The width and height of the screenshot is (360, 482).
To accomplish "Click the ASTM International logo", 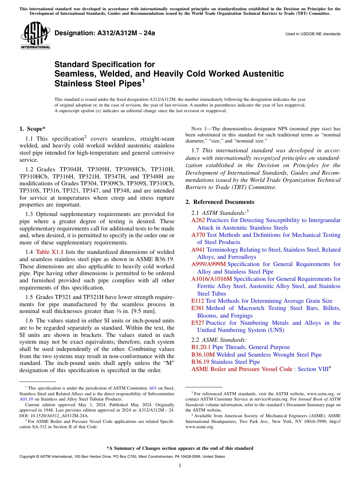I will pyautogui.click(x=36, y=36).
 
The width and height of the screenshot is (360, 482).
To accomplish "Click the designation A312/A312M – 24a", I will pyautogui.click(x=105, y=33).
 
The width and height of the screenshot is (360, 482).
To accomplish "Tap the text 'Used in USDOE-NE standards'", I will pyautogui.click(x=313, y=34).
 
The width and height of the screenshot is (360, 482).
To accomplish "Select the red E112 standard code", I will pyautogui.click(x=198, y=301).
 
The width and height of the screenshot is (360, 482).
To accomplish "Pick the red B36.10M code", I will pyautogui.click(x=203, y=355).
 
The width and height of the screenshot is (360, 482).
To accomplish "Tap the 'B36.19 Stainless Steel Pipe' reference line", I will pyautogui.click(x=225, y=362).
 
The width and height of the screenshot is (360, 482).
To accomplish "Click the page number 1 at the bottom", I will pyautogui.click(x=180, y=466).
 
